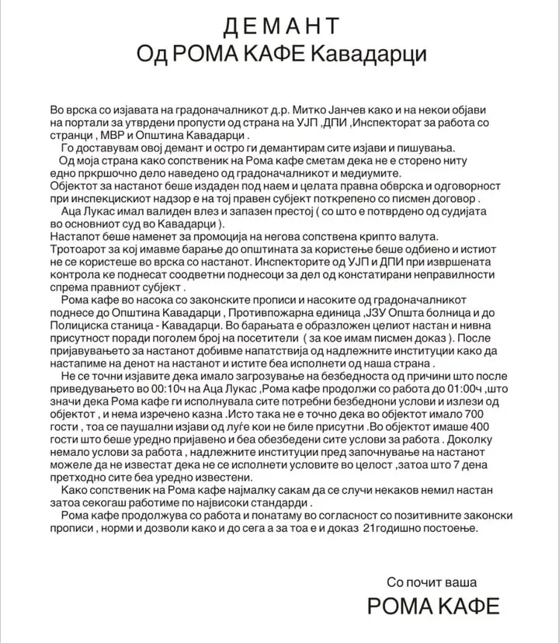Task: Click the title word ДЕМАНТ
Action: click(x=280, y=26)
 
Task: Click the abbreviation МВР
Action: click(x=113, y=134)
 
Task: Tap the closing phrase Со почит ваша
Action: click(x=442, y=581)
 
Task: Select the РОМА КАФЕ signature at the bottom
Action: click(x=433, y=606)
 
